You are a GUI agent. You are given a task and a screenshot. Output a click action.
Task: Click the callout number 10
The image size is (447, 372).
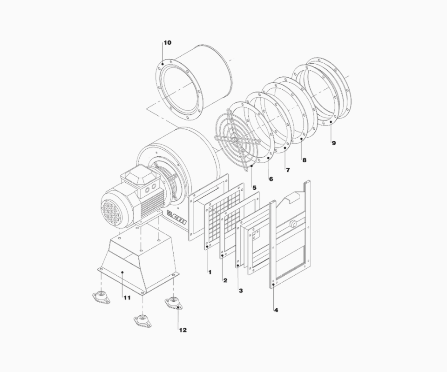point(167,43)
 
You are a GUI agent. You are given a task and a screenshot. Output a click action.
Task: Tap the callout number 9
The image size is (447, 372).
point(334,143)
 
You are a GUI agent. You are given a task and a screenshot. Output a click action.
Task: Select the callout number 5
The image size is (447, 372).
point(254,187)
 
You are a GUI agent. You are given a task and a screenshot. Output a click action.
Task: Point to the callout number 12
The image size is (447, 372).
point(183,330)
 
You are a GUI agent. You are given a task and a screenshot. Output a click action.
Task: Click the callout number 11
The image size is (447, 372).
point(127,298)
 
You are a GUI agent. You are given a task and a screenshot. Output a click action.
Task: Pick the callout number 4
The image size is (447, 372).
point(276,310)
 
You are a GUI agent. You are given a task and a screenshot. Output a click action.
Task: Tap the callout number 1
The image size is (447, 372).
point(210,272)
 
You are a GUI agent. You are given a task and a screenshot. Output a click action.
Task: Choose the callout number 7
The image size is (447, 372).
point(288,170)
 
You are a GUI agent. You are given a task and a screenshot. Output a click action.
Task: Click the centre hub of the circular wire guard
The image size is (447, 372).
point(237,140)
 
